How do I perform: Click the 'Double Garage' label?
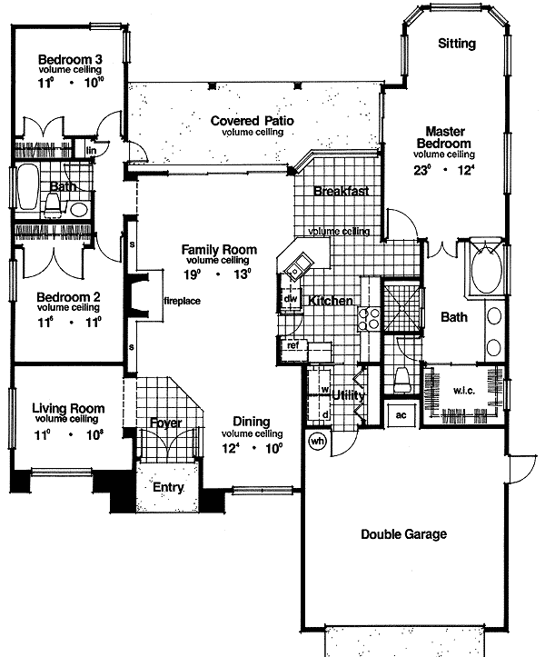(405, 534)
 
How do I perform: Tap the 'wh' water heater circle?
(318, 442)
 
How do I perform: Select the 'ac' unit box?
(401, 415)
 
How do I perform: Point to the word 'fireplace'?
(182, 301)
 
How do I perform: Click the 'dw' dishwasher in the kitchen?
(291, 298)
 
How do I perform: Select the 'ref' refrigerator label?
(293, 345)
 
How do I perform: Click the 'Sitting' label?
(455, 43)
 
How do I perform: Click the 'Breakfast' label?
(341, 191)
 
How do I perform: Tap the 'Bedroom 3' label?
(69, 61)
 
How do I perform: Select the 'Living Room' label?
(68, 408)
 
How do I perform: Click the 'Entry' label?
(168, 488)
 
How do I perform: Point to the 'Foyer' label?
(166, 423)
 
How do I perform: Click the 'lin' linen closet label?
(91, 151)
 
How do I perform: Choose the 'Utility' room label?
(349, 395)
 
